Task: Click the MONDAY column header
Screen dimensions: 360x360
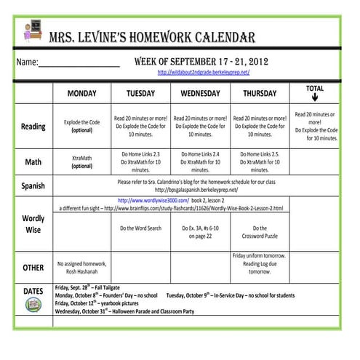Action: [81, 94]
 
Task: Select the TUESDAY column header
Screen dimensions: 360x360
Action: [140, 94]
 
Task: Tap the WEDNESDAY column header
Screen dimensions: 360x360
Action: [200, 94]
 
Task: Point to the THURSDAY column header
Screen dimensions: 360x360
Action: [260, 94]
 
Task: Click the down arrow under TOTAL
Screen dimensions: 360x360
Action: [315, 98]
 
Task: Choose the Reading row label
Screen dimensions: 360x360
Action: [33, 127]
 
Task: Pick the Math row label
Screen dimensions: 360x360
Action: [33, 161]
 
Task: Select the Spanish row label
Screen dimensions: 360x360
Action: [33, 185]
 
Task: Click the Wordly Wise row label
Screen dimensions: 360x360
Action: [33, 224]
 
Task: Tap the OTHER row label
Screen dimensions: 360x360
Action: [33, 268]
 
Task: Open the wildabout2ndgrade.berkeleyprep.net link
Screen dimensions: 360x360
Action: [204, 73]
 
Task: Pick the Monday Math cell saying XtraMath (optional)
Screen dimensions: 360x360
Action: [81, 161]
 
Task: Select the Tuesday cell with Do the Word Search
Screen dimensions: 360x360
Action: [140, 228]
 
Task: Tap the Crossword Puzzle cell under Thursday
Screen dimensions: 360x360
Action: [260, 231]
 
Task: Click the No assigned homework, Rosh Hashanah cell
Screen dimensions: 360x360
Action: [81, 267]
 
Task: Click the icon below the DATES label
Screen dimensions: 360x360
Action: [33, 304]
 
